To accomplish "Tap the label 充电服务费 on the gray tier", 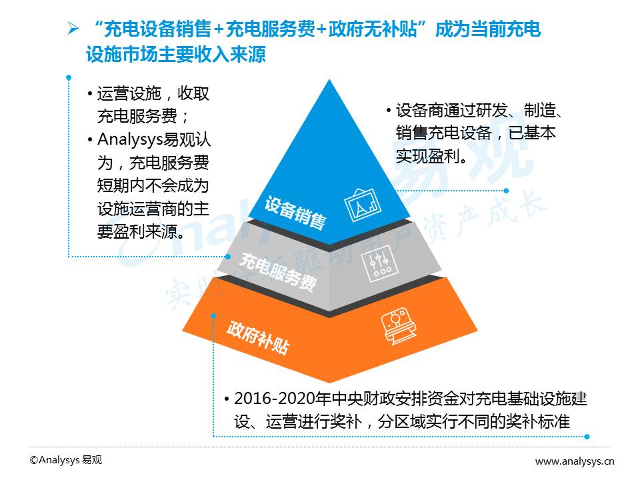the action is [x=278, y=272].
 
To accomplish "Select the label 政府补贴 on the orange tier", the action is [x=259, y=337].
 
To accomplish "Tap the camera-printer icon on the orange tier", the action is [x=399, y=326].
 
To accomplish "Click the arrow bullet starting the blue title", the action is [x=73, y=29].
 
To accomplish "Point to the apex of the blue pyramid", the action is [x=329, y=79].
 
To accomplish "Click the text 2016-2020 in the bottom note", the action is [x=271, y=399].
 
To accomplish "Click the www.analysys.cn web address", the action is [x=575, y=461].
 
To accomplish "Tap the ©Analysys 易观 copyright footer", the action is [x=66, y=460].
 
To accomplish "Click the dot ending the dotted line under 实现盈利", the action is [x=506, y=191].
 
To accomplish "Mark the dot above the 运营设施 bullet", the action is [x=69, y=77].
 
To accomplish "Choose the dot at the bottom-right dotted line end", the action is [x=587, y=436].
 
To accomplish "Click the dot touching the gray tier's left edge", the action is [x=228, y=257].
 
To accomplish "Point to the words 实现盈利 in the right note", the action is [x=428, y=156].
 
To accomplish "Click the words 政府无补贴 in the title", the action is [x=372, y=29].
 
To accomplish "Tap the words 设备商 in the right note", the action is [x=419, y=110].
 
